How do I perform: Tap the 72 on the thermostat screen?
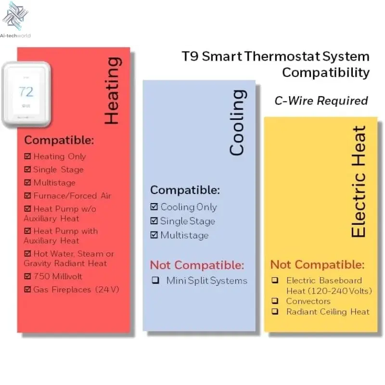point(26,91)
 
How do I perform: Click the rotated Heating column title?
point(112,91)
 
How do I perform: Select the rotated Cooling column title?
point(237,122)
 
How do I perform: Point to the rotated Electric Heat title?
point(359,182)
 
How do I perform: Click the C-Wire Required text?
point(321,101)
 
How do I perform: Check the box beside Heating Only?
point(27,156)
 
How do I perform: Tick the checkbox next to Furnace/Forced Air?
point(27,196)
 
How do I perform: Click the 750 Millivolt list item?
point(58,276)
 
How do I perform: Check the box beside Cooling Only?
point(154,207)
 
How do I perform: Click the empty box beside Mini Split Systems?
point(155,281)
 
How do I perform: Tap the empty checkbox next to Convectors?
point(275,301)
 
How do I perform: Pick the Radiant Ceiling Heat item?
point(327,312)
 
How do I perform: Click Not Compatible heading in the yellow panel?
point(317,265)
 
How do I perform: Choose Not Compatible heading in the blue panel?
point(197,265)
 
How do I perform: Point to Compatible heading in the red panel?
point(59,141)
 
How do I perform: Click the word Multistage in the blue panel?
point(184,235)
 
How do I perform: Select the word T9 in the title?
point(190,56)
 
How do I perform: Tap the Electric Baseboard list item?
point(324,281)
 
